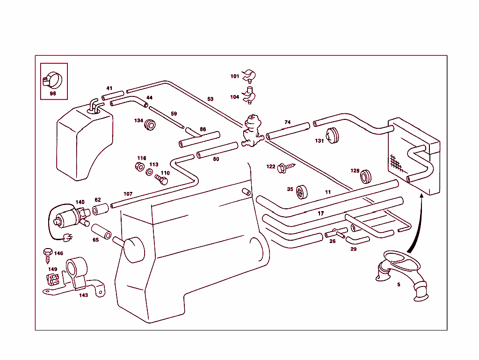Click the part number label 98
tap(53, 94)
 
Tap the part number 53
tap(210, 99)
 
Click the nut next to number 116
tap(139, 166)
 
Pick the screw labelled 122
tap(285, 167)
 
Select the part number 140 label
tap(80, 202)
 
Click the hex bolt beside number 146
tap(47, 253)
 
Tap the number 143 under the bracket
tap(83, 295)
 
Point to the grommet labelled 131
tap(333, 136)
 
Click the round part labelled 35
tap(302, 191)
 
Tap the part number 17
tap(321, 213)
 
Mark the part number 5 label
tap(399, 284)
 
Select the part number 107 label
tap(128, 194)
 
